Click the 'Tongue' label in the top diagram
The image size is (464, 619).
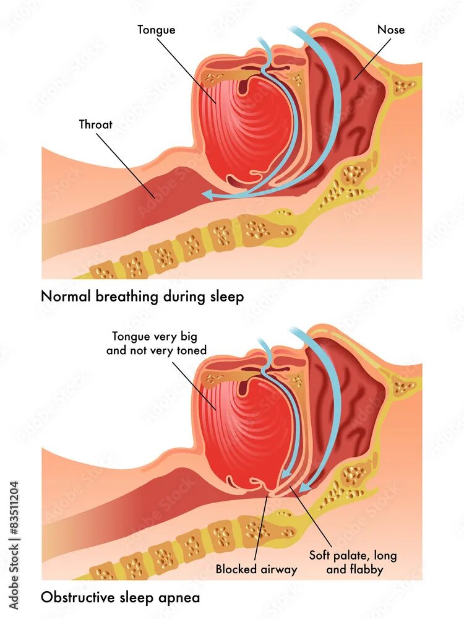tap(157, 30)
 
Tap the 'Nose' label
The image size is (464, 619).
tap(390, 29)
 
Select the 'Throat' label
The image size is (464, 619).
tap(96, 124)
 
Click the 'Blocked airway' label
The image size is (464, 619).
tap(256, 569)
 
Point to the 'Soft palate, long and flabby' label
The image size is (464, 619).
tap(353, 562)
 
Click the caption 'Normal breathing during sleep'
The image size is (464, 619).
tap(142, 297)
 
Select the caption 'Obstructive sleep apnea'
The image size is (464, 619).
tap(121, 597)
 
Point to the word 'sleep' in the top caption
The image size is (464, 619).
tap(225, 297)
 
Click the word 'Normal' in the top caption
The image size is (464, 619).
tap(65, 297)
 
